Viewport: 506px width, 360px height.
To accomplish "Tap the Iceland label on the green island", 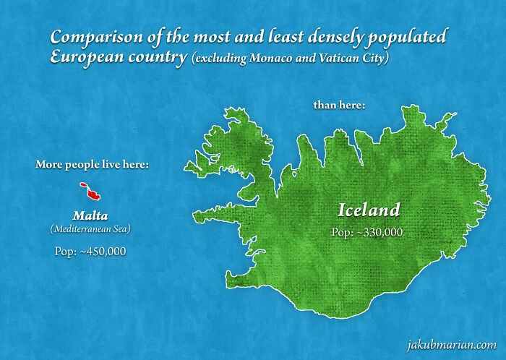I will pyautogui.click(x=369, y=210).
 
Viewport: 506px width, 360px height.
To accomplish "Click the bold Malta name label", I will pyautogui.click(x=90, y=215).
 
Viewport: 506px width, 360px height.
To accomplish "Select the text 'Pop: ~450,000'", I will pyautogui.click(x=90, y=251).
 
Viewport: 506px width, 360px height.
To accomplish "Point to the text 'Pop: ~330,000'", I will pyautogui.click(x=366, y=232).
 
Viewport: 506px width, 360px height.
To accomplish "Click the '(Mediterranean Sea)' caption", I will pyautogui.click(x=90, y=229).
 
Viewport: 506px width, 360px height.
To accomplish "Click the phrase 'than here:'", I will pyautogui.click(x=339, y=106).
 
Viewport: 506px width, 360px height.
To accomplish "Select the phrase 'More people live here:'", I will pyautogui.click(x=93, y=165).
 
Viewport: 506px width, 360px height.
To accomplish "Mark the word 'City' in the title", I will pyautogui.click(x=377, y=59).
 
